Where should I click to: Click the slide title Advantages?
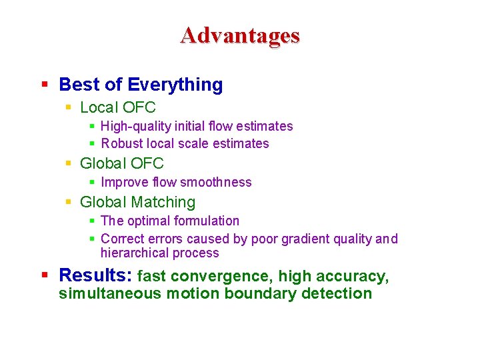(240, 35)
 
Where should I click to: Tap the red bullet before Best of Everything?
(45, 85)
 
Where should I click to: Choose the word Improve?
(124, 182)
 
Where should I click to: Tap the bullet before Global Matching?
(69, 202)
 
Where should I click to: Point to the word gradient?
(309, 239)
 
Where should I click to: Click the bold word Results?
(95, 275)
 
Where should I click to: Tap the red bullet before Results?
(45, 275)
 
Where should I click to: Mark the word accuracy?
(361, 276)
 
